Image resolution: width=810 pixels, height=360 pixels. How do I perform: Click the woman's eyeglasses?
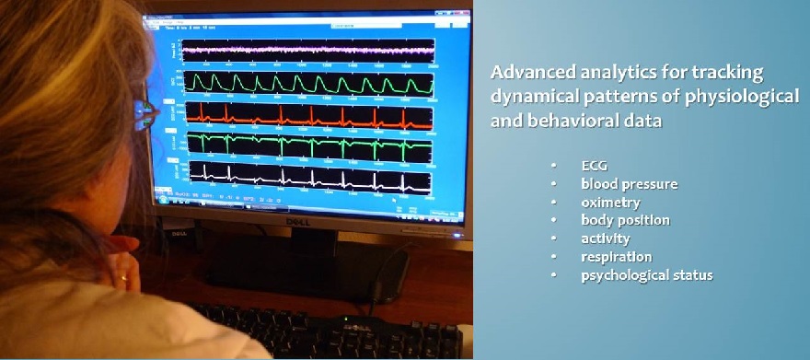(142, 111)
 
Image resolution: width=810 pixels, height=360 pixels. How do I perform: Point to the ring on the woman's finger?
(123, 276)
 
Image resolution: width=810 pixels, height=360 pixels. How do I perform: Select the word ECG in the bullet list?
(594, 166)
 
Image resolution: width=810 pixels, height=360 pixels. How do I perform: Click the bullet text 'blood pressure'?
(629, 184)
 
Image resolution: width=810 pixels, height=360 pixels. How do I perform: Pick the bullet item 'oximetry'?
(610, 203)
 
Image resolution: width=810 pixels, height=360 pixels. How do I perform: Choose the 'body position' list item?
(625, 220)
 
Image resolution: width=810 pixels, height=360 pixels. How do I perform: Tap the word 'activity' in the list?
(605, 238)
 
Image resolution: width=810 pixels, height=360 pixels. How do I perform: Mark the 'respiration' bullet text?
(616, 257)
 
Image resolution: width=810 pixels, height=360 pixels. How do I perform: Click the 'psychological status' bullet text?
(646, 275)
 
